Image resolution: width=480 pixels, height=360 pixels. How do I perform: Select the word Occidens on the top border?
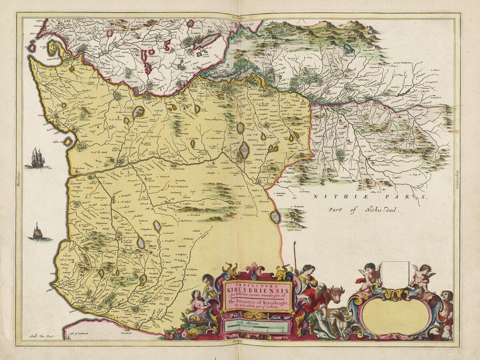coord(239,17)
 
